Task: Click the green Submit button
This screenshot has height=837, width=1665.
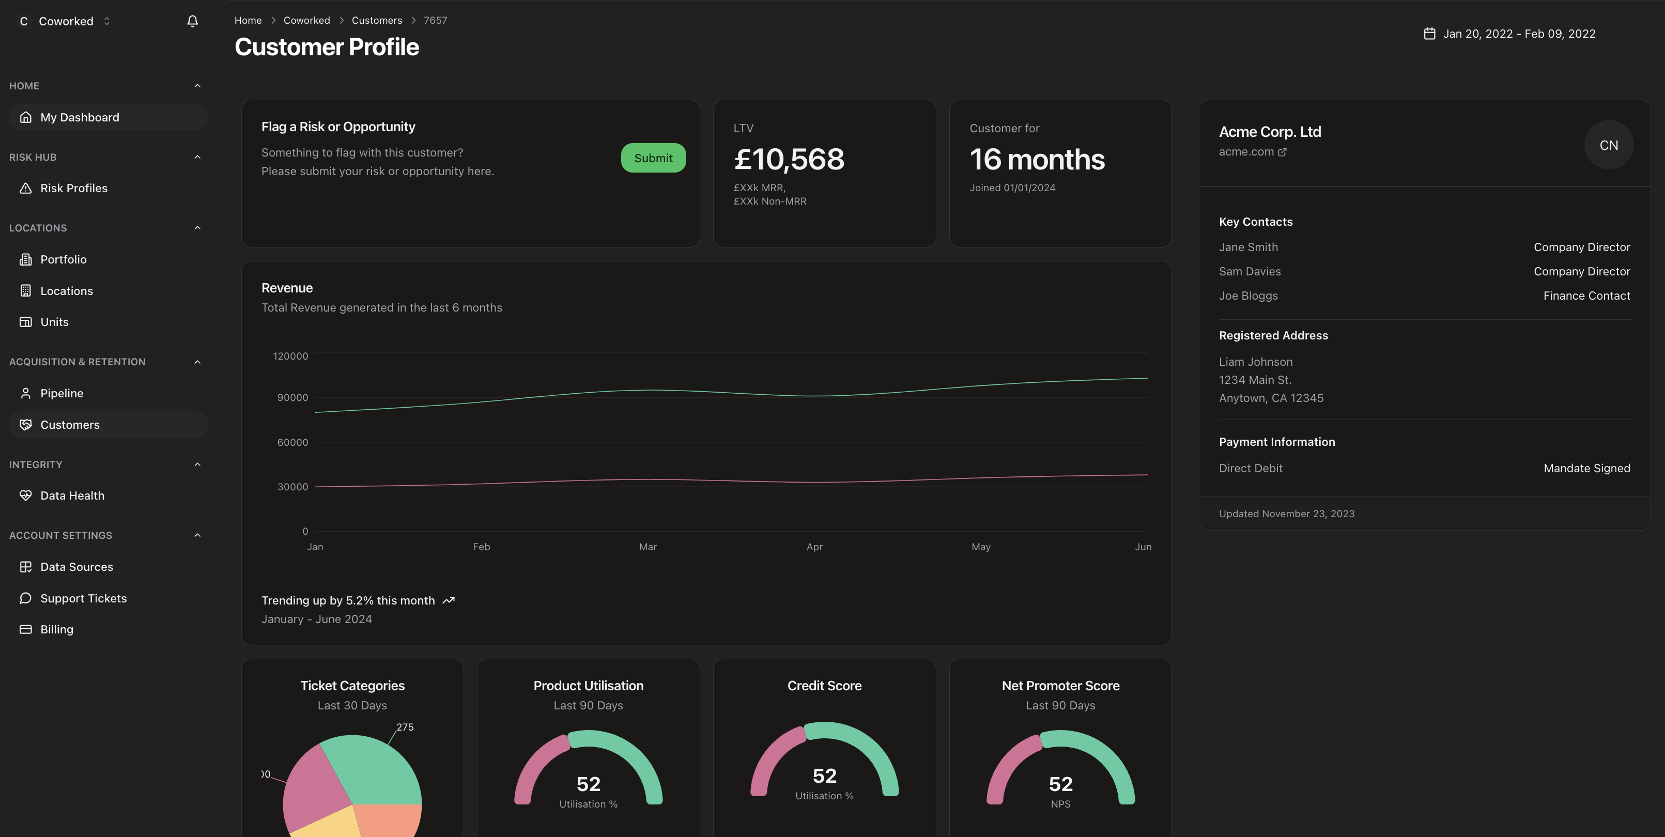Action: [x=653, y=158]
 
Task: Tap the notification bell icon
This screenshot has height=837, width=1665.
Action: [x=192, y=21]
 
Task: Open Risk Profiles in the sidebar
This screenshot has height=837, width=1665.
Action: [x=74, y=188]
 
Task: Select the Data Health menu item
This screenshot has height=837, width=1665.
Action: [x=72, y=495]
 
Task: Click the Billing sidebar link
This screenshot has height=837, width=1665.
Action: [x=57, y=629]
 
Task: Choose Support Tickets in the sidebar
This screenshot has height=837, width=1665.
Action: [x=83, y=598]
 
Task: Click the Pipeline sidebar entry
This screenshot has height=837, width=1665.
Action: [x=61, y=393]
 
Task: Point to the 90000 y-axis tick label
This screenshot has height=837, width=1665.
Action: [x=292, y=397]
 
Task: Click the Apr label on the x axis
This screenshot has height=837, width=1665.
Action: [x=814, y=547]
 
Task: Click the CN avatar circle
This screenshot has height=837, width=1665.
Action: [x=1608, y=145]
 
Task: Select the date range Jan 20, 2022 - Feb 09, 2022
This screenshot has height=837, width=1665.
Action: [x=1518, y=34]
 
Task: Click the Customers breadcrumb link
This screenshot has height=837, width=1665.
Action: [x=376, y=21]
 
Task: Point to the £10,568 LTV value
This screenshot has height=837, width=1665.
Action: [x=789, y=159]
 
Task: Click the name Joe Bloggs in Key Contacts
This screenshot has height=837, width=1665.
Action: [x=1248, y=296]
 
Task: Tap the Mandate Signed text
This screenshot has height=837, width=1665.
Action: [x=1586, y=469]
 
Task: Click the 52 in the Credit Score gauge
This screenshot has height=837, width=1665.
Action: [x=824, y=776]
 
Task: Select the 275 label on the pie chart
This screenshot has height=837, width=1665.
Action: [x=405, y=727]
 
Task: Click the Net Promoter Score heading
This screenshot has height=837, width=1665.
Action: [x=1060, y=686]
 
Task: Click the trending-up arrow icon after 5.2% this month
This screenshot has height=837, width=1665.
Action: [x=449, y=600]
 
